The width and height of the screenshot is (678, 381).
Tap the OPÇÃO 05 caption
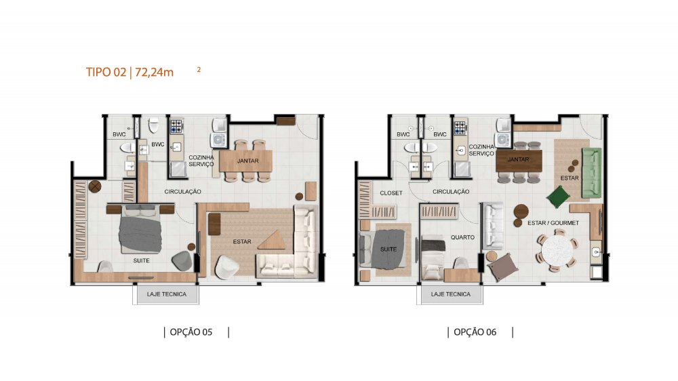191,332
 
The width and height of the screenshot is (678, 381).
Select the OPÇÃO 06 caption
475,332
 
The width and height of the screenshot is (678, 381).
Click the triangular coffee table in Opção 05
272,240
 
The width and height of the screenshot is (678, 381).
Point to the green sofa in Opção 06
591,173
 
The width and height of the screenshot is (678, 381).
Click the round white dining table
557,250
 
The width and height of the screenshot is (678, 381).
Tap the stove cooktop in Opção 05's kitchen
176,126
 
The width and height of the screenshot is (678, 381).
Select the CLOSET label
391,193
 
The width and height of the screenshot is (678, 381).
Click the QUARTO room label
462,237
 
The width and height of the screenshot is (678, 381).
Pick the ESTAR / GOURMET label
553,223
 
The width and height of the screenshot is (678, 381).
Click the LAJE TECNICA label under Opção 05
167,294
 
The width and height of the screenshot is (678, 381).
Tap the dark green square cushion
558,197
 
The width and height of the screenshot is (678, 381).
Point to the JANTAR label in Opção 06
519,159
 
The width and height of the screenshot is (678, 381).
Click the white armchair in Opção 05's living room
226,267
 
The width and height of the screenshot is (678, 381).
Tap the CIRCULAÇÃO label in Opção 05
182,192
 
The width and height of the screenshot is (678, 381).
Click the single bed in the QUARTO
433,258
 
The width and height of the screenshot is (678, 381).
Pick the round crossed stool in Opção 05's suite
95,187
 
